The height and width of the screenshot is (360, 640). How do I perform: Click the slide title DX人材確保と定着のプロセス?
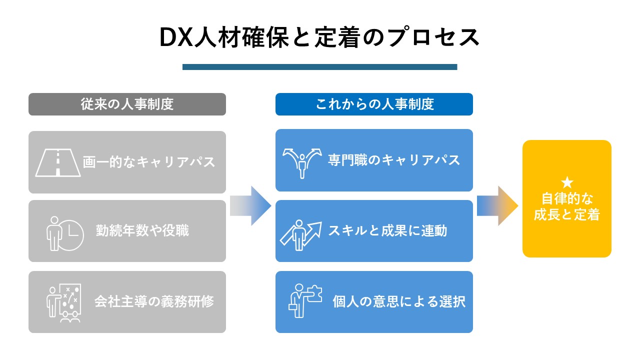[x=319, y=38]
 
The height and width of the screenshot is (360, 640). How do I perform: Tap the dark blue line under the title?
[x=319, y=67]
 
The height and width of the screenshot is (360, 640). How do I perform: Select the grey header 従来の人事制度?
[x=127, y=104]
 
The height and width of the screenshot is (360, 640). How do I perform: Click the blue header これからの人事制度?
[x=374, y=104]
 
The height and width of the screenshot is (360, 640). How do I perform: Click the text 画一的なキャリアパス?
[x=149, y=162]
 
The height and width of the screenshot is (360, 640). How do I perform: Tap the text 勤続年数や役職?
[x=142, y=231]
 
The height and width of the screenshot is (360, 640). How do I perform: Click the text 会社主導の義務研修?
[x=154, y=302]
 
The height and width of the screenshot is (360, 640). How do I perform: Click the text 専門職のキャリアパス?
[x=394, y=160]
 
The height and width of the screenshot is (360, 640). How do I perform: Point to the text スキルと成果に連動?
[x=387, y=231]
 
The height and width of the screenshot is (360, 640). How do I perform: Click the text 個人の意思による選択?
[x=399, y=302]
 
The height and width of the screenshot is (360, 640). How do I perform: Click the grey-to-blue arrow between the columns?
[x=250, y=205]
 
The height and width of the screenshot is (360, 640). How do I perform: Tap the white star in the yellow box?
[x=566, y=182]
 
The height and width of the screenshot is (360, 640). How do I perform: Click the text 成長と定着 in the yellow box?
[x=566, y=215]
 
